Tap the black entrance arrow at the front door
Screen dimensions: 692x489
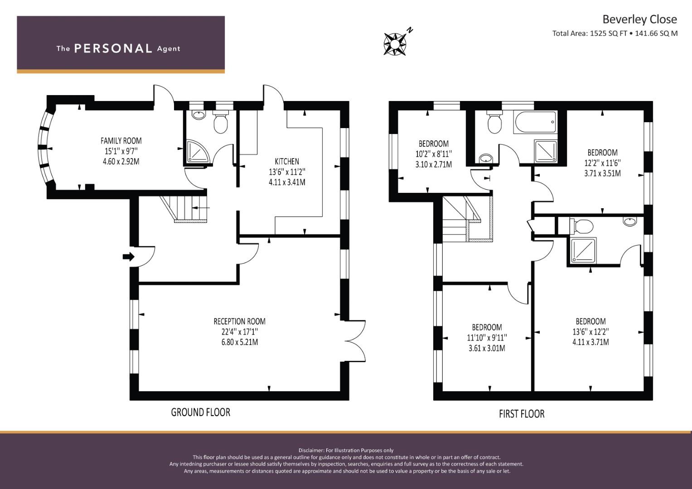pos(129,257)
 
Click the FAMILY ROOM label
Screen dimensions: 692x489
pos(121,141)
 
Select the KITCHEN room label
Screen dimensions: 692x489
pos(287,162)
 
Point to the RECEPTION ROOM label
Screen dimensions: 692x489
pos(239,321)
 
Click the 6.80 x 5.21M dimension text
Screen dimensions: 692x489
pos(240,342)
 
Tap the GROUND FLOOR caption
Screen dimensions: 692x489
pos(201,412)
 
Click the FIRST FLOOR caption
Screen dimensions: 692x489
pos(522,414)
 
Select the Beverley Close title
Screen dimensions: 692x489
pos(640,19)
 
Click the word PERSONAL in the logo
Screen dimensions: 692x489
pos(113,48)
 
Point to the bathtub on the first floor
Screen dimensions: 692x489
pos(535,122)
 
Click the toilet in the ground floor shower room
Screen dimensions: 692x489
pos(221,122)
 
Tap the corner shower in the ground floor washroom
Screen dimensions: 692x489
pos(198,151)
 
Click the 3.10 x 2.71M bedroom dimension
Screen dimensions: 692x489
pos(433,164)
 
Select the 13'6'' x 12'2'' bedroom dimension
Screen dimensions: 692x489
pos(590,332)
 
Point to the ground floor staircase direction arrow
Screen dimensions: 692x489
pos(201,208)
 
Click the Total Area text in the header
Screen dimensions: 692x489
pos(615,34)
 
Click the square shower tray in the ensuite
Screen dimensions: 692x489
pos(583,251)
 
